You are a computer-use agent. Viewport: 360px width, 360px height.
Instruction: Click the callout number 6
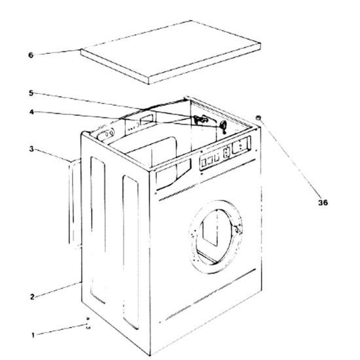[x=31, y=55]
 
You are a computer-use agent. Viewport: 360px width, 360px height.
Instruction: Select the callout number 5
[x=31, y=93]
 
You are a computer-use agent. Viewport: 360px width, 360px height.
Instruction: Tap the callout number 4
[x=31, y=112]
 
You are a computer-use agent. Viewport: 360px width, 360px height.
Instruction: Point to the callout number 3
[x=31, y=149]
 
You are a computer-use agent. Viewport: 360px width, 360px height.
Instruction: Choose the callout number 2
[x=32, y=297]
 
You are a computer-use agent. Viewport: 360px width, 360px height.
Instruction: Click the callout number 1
[x=33, y=335]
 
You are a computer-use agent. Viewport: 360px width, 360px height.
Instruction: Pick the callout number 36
[x=323, y=202]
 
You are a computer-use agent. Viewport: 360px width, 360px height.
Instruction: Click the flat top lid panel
[x=170, y=52]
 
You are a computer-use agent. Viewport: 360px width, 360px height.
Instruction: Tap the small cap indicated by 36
[x=259, y=118]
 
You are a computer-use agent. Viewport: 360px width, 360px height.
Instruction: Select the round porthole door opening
[x=215, y=236]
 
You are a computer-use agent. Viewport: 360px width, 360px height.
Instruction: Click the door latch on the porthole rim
[x=238, y=229]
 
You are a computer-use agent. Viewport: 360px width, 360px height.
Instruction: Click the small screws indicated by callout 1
[x=88, y=323]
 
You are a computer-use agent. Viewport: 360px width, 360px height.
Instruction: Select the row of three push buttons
[x=210, y=162]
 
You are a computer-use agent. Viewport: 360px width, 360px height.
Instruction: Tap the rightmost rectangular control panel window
[x=241, y=145]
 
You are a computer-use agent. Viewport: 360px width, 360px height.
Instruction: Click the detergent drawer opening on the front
[x=173, y=175]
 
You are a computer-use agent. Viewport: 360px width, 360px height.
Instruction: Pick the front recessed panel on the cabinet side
[x=131, y=252]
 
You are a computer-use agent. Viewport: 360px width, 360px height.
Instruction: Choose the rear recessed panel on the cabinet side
[x=98, y=230]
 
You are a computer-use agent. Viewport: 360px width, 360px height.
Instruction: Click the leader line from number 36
[x=290, y=158]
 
